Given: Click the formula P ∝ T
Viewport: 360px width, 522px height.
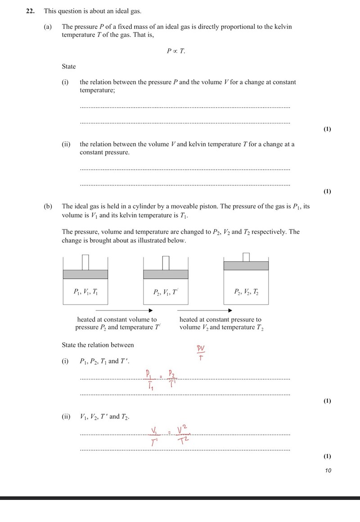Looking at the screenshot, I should click(x=175, y=51).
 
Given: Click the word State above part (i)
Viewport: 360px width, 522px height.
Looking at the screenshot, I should click(x=69, y=67).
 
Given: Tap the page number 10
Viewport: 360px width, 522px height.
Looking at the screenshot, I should click(x=328, y=471).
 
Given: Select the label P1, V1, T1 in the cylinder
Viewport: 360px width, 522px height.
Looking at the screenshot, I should click(x=85, y=292).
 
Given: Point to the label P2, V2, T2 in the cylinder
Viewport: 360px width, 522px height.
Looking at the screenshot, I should click(x=246, y=292).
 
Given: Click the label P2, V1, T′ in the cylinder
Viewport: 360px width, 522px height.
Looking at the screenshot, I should click(x=166, y=292).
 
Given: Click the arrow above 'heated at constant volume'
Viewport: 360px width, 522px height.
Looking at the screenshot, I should click(x=124, y=310).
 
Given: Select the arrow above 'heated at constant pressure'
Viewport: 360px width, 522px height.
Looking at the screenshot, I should click(x=205, y=310).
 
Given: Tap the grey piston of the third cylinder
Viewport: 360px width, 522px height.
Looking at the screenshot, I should click(x=246, y=265).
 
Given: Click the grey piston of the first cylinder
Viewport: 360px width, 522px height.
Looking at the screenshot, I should click(x=85, y=274).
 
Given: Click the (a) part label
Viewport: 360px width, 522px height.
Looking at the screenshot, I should click(x=47, y=27).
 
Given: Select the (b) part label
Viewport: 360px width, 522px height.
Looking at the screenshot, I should click(x=47, y=206).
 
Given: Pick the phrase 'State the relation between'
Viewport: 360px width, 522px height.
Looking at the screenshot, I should click(x=98, y=345).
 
